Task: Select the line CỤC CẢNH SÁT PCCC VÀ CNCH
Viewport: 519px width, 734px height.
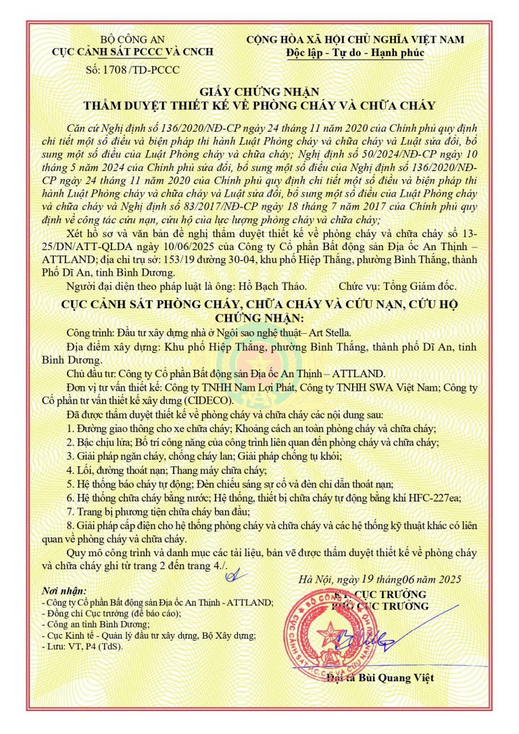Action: [x=132, y=52]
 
